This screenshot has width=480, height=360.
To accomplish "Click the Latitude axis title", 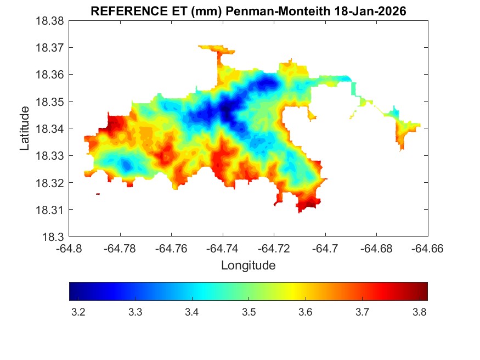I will point(25,128).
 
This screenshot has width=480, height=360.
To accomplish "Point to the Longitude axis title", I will point(248,266).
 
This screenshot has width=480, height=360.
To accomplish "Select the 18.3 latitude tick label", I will point(53,237).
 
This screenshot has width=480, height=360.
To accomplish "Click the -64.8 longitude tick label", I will point(70,248).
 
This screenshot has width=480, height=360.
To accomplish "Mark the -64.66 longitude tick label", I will point(428,248).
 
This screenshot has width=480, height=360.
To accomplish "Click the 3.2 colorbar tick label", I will point(78,312).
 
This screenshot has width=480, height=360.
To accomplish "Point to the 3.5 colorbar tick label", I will point(250,312).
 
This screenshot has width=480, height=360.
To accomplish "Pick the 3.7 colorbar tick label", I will point(364,312).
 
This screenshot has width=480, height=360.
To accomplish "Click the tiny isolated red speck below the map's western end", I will point(98,194).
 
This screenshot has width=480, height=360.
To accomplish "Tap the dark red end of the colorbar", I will point(424,291).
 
